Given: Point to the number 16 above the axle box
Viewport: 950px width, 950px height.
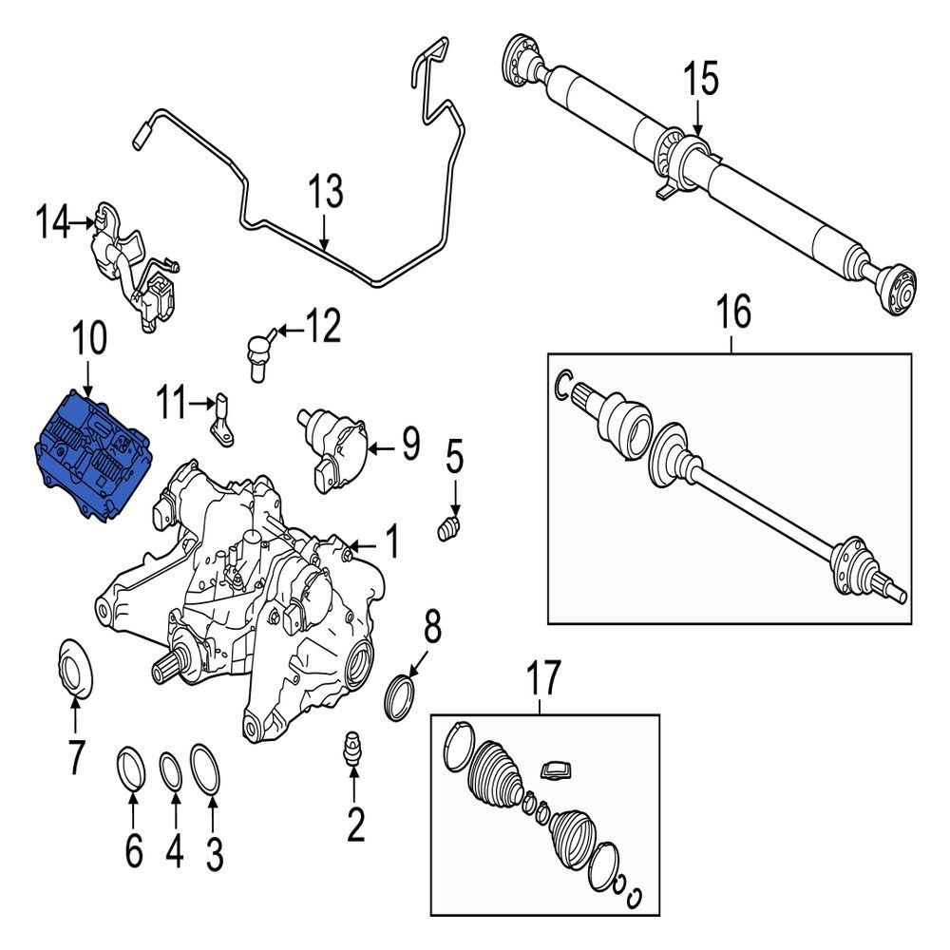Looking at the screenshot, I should [732, 311].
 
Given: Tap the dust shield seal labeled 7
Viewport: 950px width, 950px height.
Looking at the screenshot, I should [73, 669].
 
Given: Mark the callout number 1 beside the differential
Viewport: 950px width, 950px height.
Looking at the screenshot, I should [389, 542].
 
